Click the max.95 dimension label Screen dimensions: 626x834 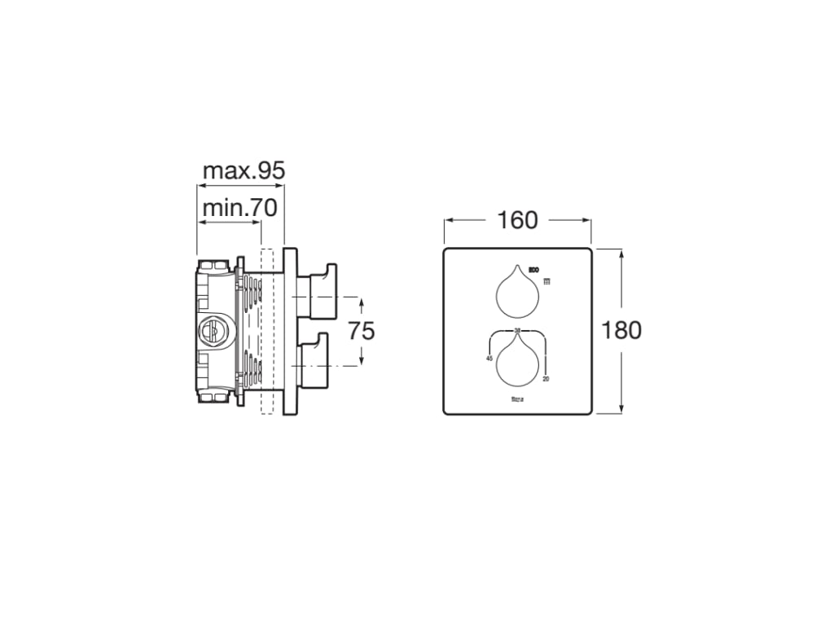pos(243,171)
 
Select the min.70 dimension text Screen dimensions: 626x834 pos(239,208)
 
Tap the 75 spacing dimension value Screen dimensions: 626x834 pos(361,330)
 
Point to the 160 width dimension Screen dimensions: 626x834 pos(517,220)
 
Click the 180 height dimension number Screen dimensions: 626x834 pos(621,330)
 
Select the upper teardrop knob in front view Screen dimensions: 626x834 pos(517,293)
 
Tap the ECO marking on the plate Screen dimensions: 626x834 pos(534,270)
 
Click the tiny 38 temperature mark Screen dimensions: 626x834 pos(517,330)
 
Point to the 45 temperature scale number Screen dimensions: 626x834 pos(489,358)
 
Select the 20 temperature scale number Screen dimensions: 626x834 pos(545,378)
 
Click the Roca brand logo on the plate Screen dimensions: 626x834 pos(517,399)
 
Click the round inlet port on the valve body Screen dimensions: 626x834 pos(209,330)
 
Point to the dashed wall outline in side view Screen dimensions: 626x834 pos(265,330)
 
